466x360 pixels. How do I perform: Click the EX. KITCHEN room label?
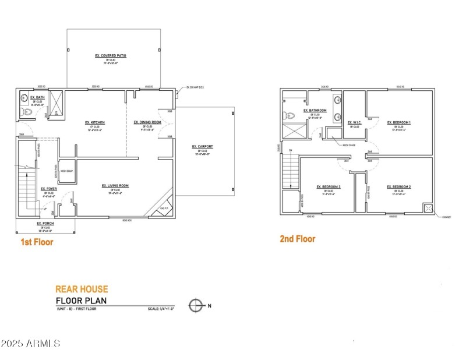pyautogui.click(x=94, y=122)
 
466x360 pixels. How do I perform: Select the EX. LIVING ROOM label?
pyautogui.click(x=115, y=185)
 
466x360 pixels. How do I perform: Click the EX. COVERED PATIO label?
pyautogui.click(x=111, y=56)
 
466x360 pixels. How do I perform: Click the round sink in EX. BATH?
pyautogui.click(x=24, y=97)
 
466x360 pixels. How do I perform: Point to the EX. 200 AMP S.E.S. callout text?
pyautogui.click(x=196, y=88)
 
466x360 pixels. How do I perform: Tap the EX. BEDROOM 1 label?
pyautogui.click(x=399, y=122)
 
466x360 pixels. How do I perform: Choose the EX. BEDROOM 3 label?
pyautogui.click(x=329, y=187)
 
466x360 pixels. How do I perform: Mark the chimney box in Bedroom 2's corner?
pyautogui.click(x=429, y=209)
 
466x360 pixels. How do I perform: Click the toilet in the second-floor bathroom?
pyautogui.click(x=287, y=116)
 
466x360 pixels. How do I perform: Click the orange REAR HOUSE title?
pyautogui.click(x=81, y=288)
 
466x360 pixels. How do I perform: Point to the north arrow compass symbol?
pyautogui.click(x=197, y=305)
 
